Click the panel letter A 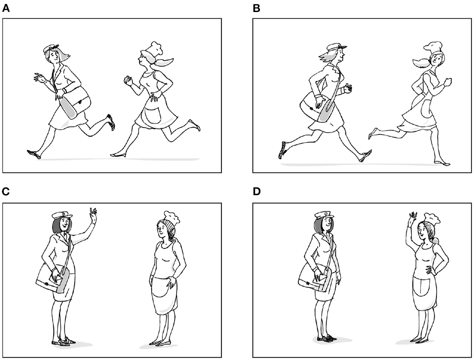coord(6,9)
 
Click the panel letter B coord(256,9)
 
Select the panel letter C coord(6,192)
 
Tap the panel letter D coord(257,192)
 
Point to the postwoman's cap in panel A coord(51,48)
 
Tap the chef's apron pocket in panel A coord(153,116)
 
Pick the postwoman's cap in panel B coord(337,48)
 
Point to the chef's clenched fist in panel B coord(448,82)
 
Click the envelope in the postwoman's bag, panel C coord(56,280)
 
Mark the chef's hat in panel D coord(432,219)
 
